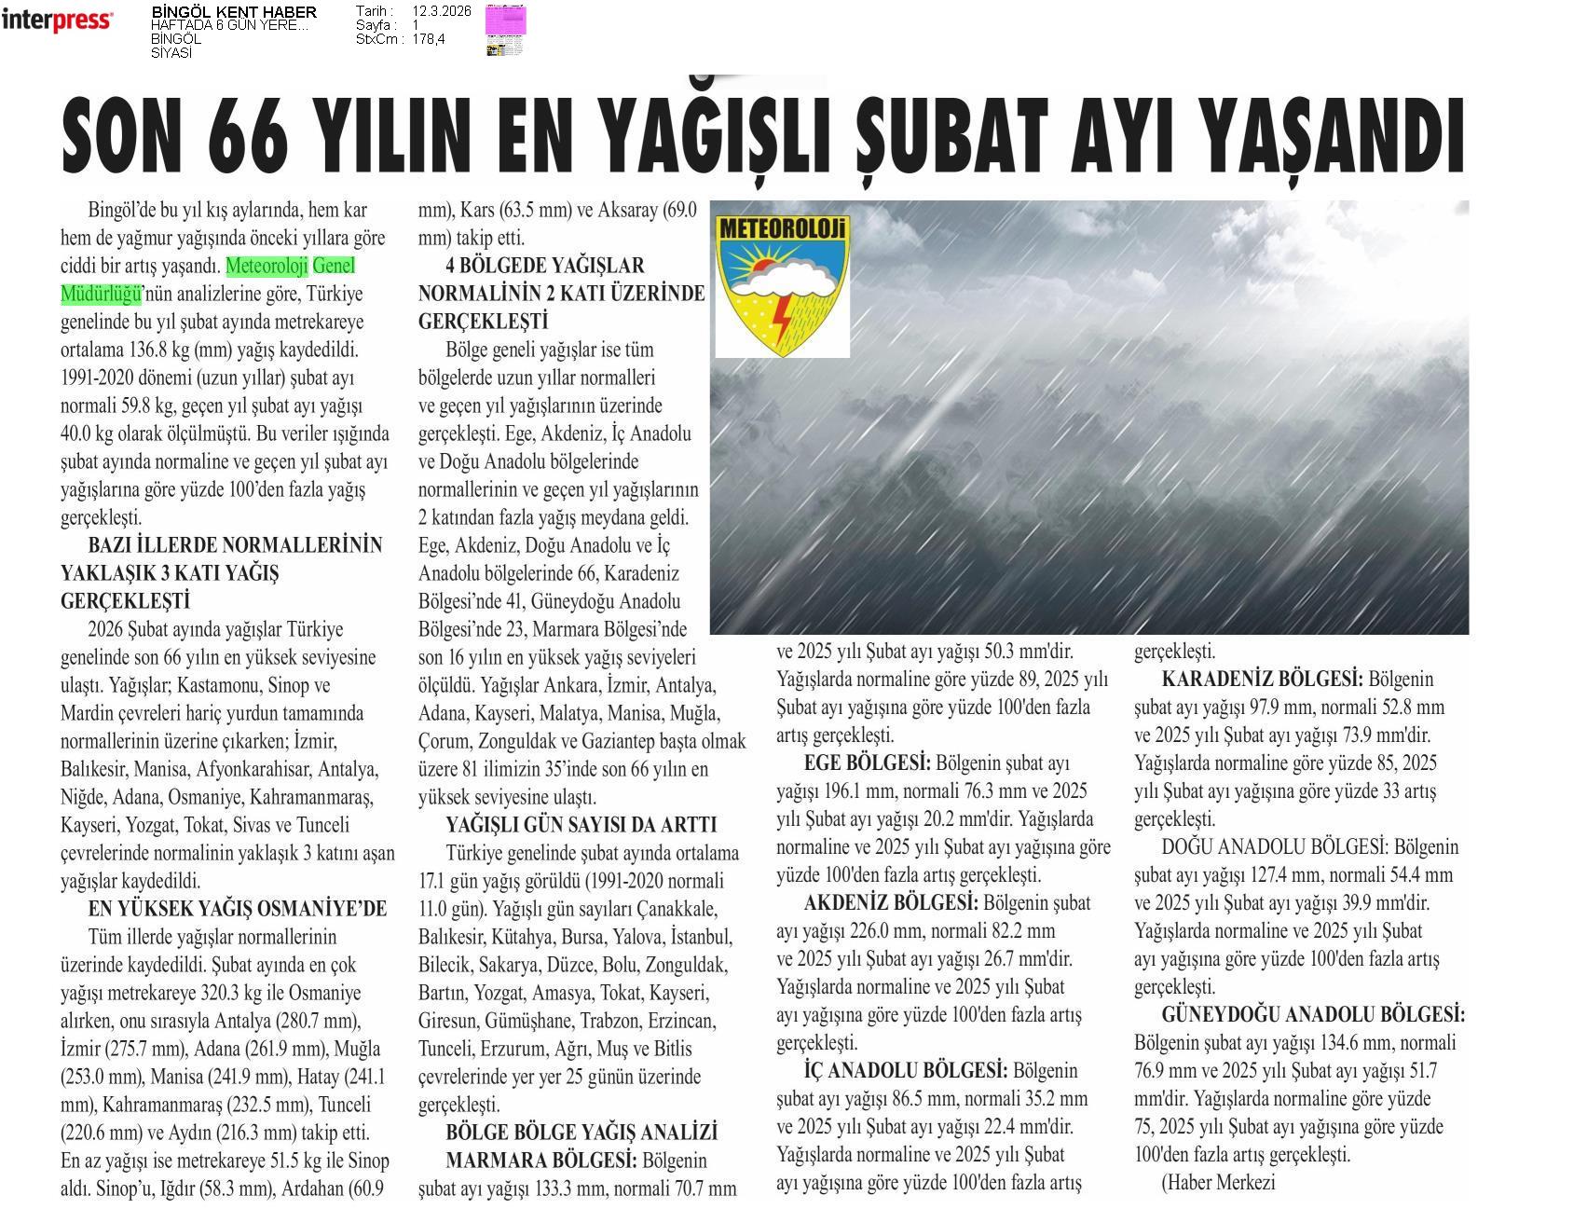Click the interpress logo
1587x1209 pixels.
(x=57, y=20)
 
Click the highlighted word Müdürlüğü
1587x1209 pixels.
(x=101, y=295)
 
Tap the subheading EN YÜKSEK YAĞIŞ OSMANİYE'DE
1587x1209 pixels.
(x=237, y=909)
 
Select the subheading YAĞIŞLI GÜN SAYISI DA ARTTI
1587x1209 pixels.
(x=581, y=825)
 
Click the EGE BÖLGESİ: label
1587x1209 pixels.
(x=867, y=763)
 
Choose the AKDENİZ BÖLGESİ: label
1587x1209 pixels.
(x=891, y=903)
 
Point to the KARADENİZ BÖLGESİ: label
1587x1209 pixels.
(x=1262, y=680)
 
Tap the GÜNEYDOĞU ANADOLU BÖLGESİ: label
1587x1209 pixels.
(x=1313, y=1015)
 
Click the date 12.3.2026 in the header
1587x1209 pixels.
(x=441, y=11)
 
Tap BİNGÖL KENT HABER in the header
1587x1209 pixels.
(x=233, y=12)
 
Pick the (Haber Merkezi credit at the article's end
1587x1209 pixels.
(x=1217, y=1183)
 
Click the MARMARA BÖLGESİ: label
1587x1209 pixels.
(x=541, y=1161)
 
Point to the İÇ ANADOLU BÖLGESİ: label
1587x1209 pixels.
(x=905, y=1071)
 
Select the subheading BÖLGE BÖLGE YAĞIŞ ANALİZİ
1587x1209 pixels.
(x=581, y=1133)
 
